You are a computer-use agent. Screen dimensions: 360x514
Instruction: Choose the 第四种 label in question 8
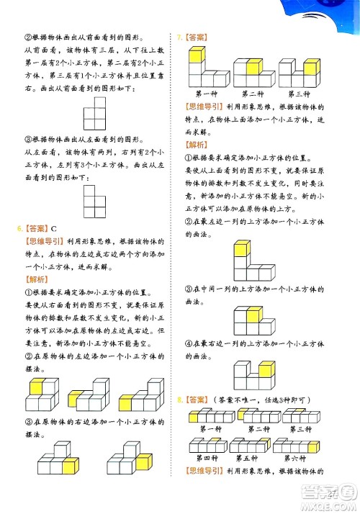point(207,459)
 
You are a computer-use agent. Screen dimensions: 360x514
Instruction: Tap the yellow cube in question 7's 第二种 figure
point(254,68)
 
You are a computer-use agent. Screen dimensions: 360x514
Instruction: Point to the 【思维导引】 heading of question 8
point(207,472)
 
